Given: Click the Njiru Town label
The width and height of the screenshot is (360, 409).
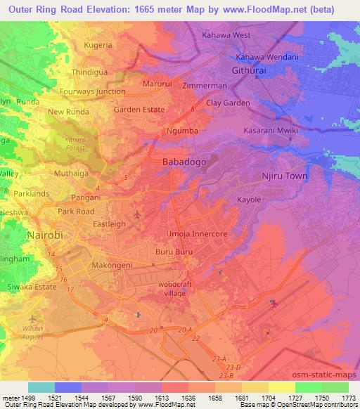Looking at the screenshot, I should click(x=285, y=176).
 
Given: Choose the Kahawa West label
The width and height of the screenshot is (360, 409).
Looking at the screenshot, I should click(x=226, y=34).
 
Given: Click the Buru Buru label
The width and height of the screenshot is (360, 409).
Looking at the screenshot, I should click(x=170, y=250).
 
